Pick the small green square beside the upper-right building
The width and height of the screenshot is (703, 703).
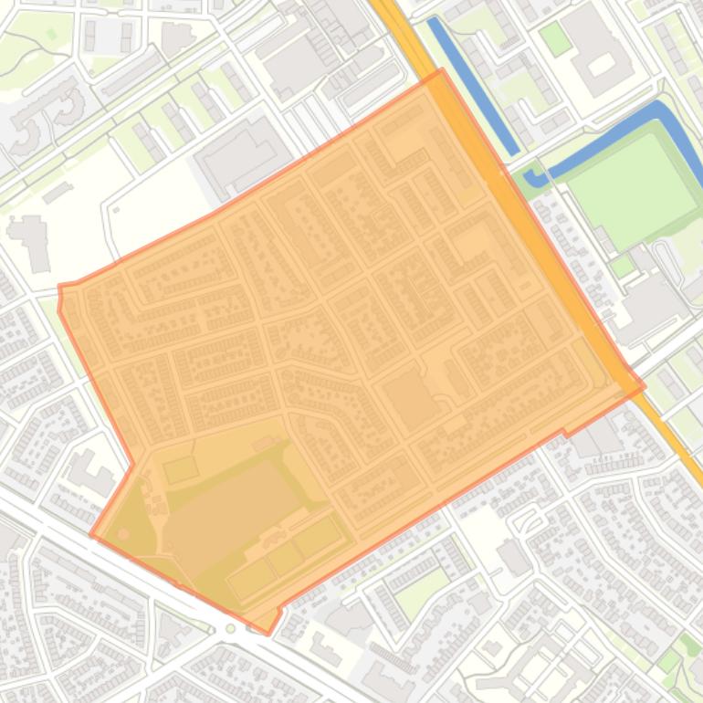[x=554, y=37]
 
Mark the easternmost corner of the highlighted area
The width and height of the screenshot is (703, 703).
[x=645, y=386]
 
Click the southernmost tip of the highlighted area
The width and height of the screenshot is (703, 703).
[x=268, y=633]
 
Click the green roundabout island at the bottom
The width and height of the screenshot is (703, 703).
[x=230, y=628]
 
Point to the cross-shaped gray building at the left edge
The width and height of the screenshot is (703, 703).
[x=35, y=240]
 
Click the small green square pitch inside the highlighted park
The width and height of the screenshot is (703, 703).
[x=181, y=470]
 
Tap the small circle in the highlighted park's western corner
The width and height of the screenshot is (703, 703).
[x=124, y=532]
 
